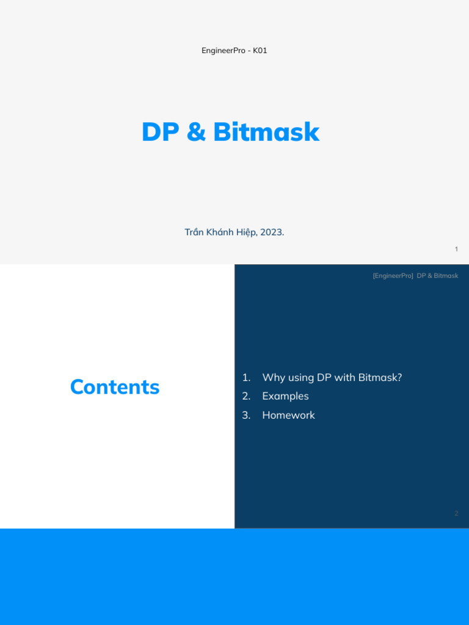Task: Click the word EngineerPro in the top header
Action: (220, 51)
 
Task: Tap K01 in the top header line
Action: (260, 51)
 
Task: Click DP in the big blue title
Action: (160, 132)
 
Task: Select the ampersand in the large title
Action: (196, 132)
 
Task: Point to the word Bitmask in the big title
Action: (266, 132)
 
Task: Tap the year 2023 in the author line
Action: (272, 233)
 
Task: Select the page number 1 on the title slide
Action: (456, 249)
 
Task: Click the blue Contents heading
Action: (115, 387)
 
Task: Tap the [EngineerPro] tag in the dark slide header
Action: (393, 276)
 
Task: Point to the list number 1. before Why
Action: (246, 378)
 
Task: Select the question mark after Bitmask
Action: (399, 378)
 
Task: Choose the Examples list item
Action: (285, 396)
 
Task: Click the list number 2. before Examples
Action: (246, 396)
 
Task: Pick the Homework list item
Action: (288, 415)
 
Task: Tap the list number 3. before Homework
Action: (246, 415)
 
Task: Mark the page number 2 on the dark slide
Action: (456, 513)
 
